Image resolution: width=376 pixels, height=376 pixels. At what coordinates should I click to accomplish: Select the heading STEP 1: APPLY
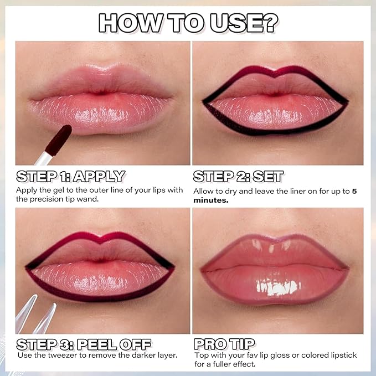point(70,177)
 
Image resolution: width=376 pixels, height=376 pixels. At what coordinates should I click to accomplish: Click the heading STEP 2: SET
point(238,177)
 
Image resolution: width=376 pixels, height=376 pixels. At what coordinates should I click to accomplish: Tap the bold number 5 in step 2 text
point(354,192)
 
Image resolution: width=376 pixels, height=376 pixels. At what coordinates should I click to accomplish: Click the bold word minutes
point(210,201)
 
